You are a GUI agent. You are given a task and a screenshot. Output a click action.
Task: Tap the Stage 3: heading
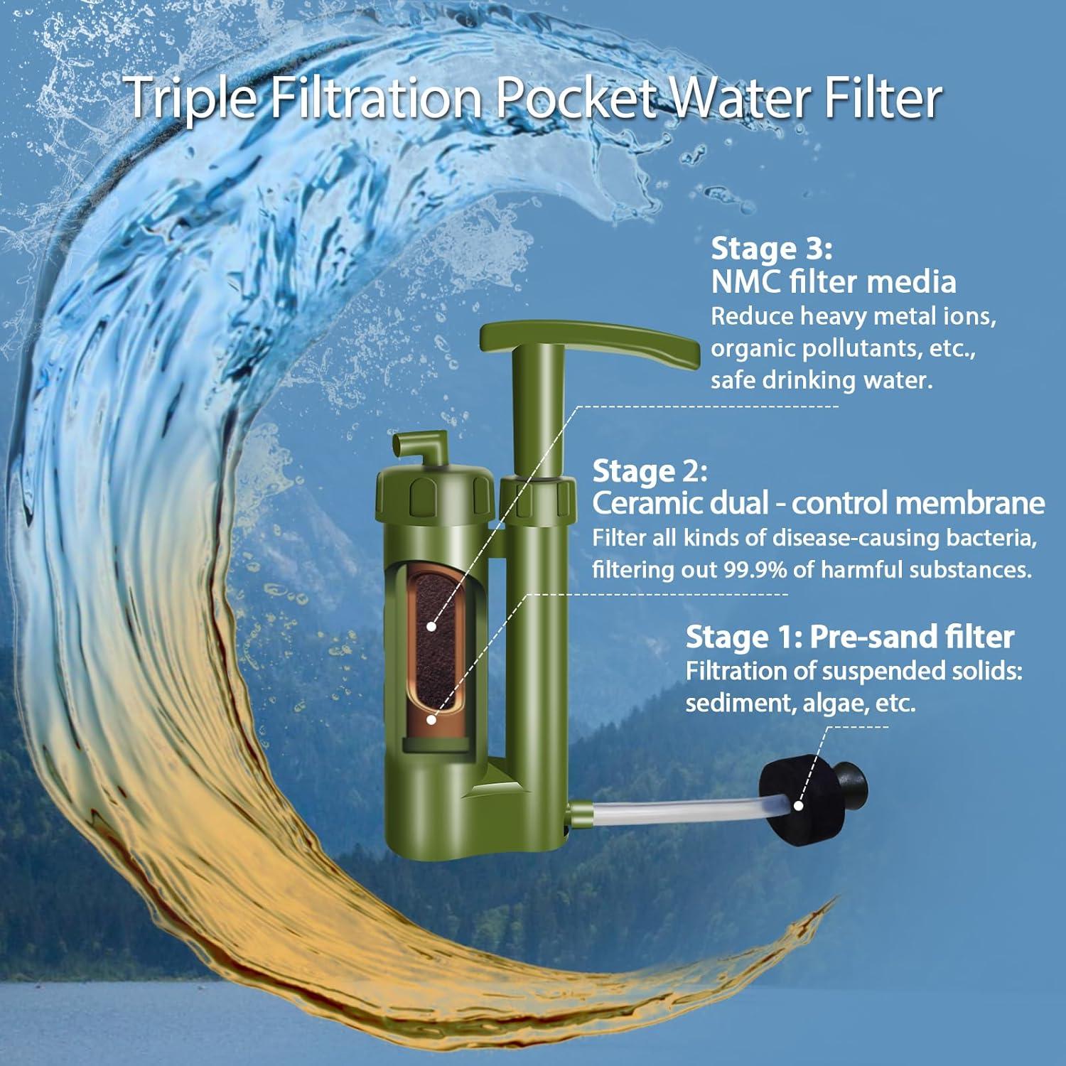771,249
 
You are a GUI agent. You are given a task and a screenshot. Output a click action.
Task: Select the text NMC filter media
834,282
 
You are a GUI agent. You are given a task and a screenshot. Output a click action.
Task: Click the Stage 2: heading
650,470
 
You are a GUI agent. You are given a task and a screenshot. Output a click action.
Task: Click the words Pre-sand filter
911,637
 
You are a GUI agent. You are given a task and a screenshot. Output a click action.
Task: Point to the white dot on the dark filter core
431,626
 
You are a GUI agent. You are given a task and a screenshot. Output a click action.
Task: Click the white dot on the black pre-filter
798,806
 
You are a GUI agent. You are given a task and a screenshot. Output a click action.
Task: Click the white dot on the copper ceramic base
431,719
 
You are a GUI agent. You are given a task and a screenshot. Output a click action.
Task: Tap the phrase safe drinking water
821,380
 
